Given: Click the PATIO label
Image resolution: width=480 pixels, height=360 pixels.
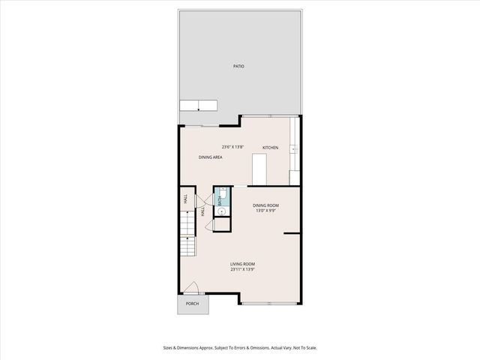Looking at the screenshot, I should click(x=238, y=67).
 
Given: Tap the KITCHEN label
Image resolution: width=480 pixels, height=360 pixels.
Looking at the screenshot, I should click(x=270, y=148).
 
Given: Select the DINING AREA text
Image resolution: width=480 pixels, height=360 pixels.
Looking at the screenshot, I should click(x=210, y=157).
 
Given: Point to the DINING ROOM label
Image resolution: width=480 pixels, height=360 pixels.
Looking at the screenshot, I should click(x=265, y=205).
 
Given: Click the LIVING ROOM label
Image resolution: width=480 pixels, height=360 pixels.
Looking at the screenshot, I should click(x=242, y=264).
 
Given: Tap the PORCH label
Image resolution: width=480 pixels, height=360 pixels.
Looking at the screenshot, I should click(x=193, y=304).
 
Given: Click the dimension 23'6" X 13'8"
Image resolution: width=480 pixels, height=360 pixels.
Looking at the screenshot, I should click(x=232, y=146).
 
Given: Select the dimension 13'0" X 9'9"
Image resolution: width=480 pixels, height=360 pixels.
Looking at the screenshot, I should click(x=265, y=211).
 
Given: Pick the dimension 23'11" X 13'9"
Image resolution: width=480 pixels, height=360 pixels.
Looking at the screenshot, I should click(x=242, y=269).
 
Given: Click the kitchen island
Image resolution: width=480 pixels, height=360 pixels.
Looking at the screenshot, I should click(x=260, y=169).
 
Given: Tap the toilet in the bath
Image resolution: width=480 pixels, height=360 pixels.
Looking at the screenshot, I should click(x=223, y=193).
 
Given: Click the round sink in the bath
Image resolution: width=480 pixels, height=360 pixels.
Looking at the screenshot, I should click(x=222, y=210).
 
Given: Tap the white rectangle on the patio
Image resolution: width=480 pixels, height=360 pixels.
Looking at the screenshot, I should click(x=198, y=106).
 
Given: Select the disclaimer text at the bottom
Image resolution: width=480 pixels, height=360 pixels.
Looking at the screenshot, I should click(x=239, y=347).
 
